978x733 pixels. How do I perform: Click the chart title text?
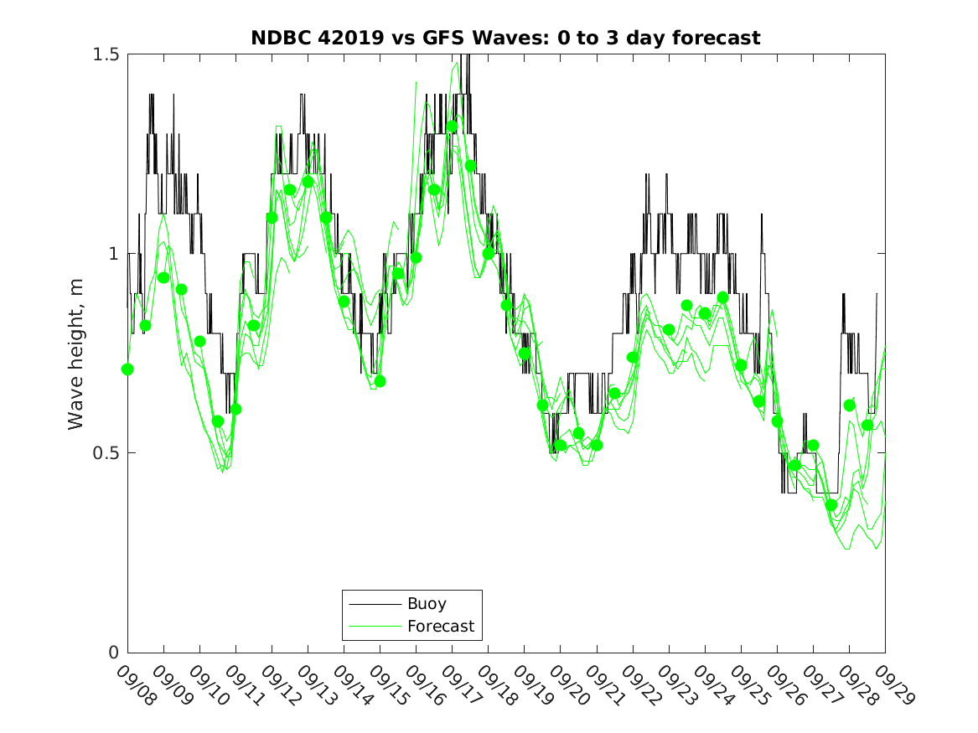coord(505,39)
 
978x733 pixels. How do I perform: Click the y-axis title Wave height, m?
coord(76,354)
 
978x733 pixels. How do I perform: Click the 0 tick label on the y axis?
coord(115,653)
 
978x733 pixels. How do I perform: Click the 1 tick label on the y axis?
coord(115,254)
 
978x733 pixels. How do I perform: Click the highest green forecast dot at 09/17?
coord(452,126)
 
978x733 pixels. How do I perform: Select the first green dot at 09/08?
coord(127,369)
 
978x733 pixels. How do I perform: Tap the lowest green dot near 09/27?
coord(831,504)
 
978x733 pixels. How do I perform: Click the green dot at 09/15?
coord(380,381)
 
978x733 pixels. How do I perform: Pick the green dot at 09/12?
coord(272,218)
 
